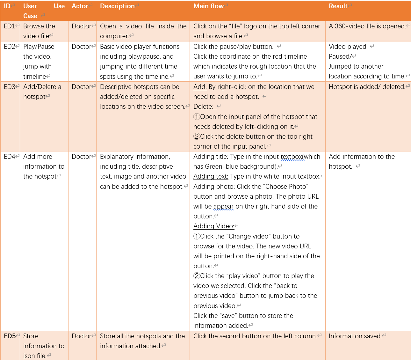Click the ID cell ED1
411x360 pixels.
click(x=10, y=26)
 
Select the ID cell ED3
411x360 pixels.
click(x=10, y=87)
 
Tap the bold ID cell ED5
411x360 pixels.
click(x=10, y=336)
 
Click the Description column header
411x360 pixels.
click(x=117, y=6)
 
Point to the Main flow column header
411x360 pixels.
click(x=208, y=6)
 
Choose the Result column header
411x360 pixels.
click(x=338, y=6)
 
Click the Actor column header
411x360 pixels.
click(x=80, y=6)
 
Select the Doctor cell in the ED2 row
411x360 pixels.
click(x=82, y=47)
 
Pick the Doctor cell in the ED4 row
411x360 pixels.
click(x=82, y=157)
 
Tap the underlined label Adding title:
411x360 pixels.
click(x=211, y=157)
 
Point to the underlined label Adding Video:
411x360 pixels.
click(x=214, y=226)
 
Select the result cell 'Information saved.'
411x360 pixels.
click(x=355, y=336)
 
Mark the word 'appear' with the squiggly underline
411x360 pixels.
click(x=223, y=206)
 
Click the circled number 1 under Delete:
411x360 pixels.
click(x=197, y=117)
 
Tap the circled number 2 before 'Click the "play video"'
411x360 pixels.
click(x=197, y=276)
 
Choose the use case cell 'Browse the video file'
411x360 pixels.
click(x=39, y=31)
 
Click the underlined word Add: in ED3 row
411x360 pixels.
click(x=200, y=87)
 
